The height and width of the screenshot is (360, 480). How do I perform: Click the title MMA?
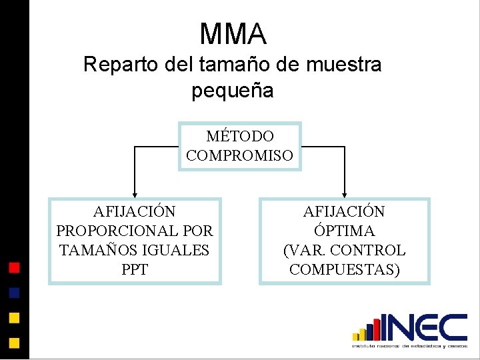tap(233, 34)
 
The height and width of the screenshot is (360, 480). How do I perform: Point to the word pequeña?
tap(233, 90)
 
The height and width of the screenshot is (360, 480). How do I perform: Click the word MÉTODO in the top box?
tap(240, 137)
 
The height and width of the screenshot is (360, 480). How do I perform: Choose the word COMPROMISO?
tap(240, 156)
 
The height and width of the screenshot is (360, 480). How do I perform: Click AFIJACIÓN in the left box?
tap(135, 212)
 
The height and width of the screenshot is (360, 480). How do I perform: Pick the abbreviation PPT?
tap(135, 270)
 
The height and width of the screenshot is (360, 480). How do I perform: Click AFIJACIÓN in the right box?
tap(344, 212)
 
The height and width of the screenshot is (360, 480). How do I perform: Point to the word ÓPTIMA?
tap(344, 231)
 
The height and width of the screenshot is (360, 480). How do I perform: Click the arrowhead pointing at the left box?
tap(135, 193)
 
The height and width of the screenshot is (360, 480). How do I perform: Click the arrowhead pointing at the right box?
tap(345, 193)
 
